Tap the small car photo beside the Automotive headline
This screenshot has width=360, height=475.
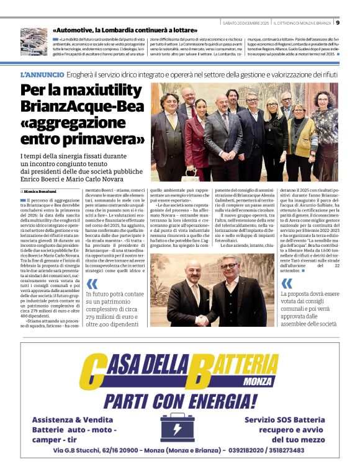point(34,42)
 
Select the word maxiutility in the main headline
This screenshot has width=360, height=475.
point(102,91)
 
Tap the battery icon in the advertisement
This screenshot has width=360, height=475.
point(180,427)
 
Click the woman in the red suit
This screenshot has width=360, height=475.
point(200,136)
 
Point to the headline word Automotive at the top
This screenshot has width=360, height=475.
point(79,30)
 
